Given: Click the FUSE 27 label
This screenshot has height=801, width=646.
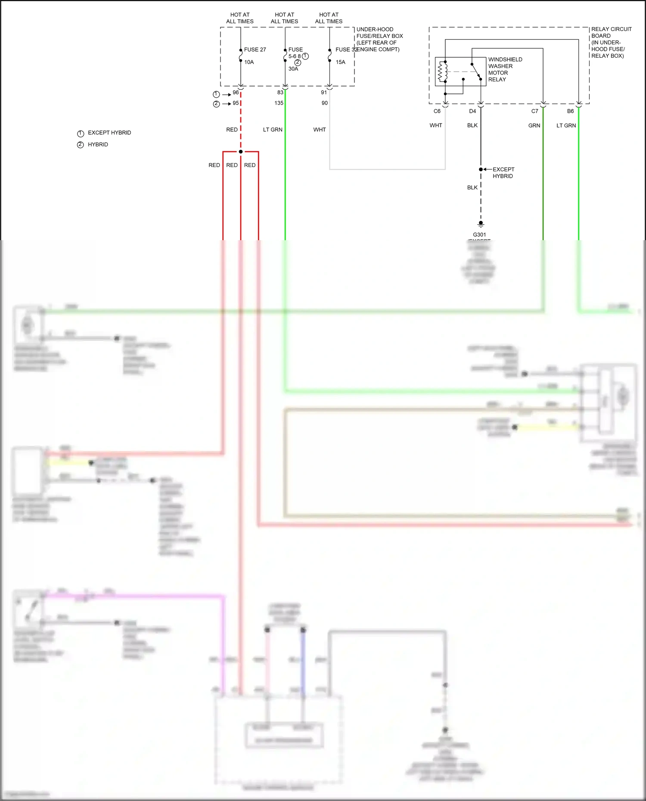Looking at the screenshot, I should pos(255,49).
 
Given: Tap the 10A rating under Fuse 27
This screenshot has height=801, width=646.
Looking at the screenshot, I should pos(249,62).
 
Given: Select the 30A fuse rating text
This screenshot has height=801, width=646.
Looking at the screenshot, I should pos(293,69).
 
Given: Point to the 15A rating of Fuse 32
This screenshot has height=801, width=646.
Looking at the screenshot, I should pos(340,62).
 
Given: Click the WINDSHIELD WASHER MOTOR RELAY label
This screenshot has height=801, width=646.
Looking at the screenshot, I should pos(505,69).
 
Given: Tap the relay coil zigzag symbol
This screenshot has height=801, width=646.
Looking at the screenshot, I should pos(440,72).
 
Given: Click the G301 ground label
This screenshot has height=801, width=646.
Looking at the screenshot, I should pos(479,235).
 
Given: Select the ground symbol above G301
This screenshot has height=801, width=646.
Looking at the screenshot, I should pos(481,224).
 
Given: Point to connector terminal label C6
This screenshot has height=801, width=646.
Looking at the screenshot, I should pos(437,111).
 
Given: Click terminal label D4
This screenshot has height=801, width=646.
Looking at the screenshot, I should pos(472,111).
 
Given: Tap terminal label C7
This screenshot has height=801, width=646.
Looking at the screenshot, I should pos(534,111).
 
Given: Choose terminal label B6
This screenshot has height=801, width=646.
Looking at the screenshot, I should pos(570,111).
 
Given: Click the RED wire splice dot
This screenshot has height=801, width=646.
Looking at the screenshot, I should pos(241,152).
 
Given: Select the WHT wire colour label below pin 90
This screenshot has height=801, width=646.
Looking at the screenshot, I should pos(320,130).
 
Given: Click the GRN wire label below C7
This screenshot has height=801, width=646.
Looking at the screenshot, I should pos(534,125).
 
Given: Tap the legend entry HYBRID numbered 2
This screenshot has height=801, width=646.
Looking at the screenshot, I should pos(97,145).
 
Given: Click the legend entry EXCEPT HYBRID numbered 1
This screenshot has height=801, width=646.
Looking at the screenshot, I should pos(109,133).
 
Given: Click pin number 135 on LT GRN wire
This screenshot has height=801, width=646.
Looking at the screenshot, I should pos(279,103).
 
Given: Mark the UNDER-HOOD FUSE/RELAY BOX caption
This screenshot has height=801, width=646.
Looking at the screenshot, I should pos(379,39).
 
